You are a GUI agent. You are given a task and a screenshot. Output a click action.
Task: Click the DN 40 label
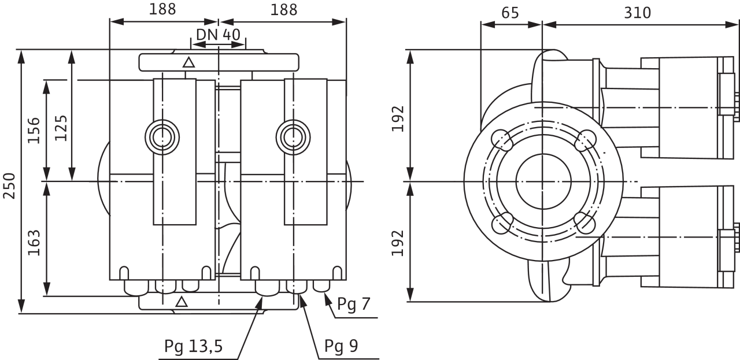(218, 35)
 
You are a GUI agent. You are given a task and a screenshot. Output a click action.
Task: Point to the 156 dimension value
(34, 130)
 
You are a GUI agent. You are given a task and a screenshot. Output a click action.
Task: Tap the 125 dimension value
(60, 127)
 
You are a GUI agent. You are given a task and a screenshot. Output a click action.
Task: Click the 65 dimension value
(510, 12)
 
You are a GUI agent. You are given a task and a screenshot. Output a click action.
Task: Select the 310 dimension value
(638, 12)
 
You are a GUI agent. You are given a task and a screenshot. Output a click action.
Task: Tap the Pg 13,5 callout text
(194, 347)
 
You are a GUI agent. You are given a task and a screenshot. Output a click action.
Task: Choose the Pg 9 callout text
(342, 347)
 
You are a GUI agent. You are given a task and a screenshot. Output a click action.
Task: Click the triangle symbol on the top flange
(187, 62)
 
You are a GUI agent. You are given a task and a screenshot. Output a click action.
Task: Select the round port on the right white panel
(293, 136)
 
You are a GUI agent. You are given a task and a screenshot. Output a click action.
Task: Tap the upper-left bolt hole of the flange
(500, 139)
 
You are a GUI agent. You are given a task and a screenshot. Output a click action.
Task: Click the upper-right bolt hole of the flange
(586, 139)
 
